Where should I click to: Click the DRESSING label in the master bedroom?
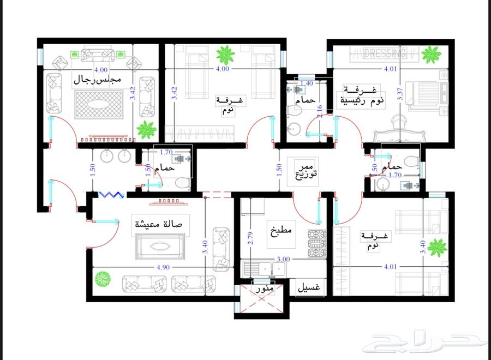(x=385, y=53)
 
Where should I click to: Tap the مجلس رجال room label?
(x=104, y=81)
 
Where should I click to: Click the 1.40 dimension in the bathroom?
(x=307, y=83)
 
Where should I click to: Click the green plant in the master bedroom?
(x=431, y=54)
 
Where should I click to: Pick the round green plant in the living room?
(x=103, y=279)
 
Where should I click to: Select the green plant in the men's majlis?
(x=146, y=130)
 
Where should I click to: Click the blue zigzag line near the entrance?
(x=112, y=194)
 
